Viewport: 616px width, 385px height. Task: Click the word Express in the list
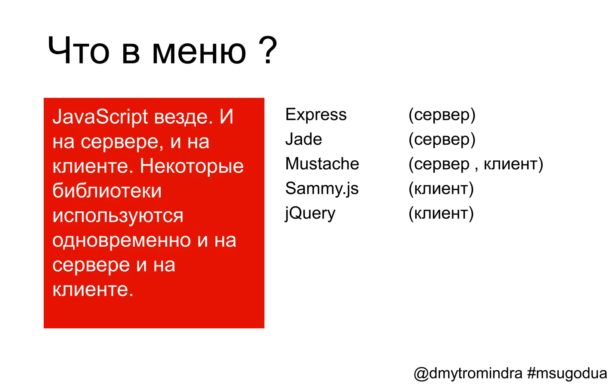(x=316, y=115)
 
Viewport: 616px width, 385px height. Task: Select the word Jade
(x=303, y=140)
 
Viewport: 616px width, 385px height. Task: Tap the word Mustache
(x=322, y=164)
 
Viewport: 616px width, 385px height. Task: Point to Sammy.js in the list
(x=322, y=189)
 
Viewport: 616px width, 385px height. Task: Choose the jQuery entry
(x=310, y=214)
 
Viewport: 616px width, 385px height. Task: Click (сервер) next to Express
(x=442, y=115)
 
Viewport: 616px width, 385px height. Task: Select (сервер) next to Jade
(x=442, y=140)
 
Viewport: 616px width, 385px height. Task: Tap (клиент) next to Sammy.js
(x=441, y=189)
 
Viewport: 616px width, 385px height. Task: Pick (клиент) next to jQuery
(x=441, y=214)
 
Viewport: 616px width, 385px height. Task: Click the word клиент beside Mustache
(x=511, y=164)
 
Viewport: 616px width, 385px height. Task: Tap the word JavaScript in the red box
(x=100, y=117)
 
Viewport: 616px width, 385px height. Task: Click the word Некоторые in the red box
(x=192, y=166)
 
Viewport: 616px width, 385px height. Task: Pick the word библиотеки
(x=107, y=191)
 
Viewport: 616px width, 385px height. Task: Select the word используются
(x=118, y=216)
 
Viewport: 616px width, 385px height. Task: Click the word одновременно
(x=122, y=241)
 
